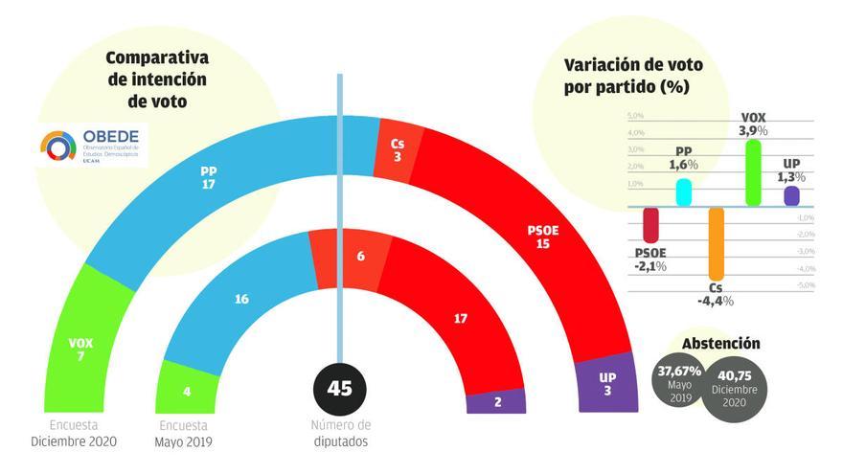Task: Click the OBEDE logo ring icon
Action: tap(58, 146)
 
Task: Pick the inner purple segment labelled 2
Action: tap(496, 401)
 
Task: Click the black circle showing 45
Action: tap(339, 389)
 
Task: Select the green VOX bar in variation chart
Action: tap(753, 172)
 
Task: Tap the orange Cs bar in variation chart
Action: tap(716, 243)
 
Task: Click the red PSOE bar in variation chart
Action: tap(650, 224)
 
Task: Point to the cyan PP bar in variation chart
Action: tap(684, 192)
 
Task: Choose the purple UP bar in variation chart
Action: tap(791, 195)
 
